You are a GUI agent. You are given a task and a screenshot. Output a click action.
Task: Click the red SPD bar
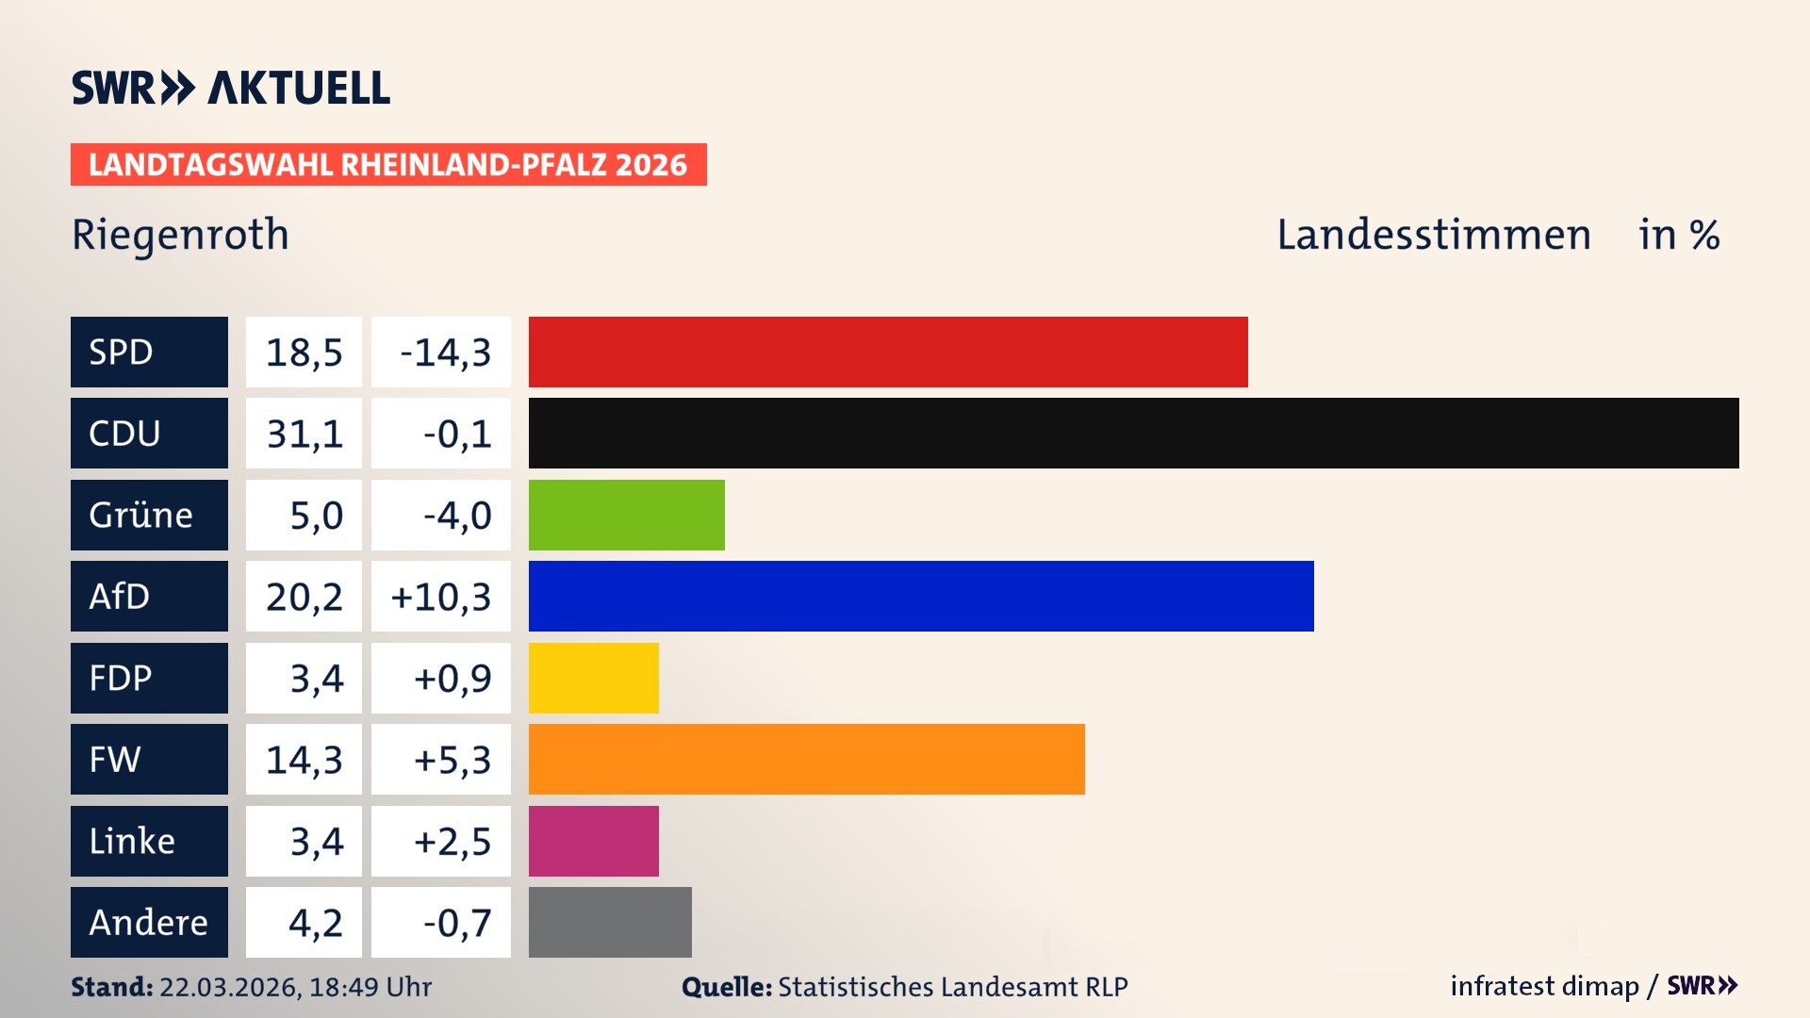pyautogui.click(x=888, y=352)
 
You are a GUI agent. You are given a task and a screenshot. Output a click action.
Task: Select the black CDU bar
pyautogui.click(x=1133, y=433)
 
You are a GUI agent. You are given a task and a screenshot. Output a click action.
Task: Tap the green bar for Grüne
pyautogui.click(x=626, y=515)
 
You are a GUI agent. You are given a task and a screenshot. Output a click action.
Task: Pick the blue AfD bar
pyautogui.click(x=921, y=596)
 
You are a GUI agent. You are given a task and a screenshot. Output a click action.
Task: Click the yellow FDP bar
pyautogui.click(x=593, y=678)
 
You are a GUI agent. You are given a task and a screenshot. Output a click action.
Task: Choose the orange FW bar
pyautogui.click(x=806, y=759)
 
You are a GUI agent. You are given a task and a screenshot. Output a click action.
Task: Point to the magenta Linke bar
pyautogui.click(x=593, y=841)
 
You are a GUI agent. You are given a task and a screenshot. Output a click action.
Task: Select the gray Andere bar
pyautogui.click(x=610, y=922)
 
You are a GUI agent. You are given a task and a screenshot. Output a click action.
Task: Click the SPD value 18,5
pyautogui.click(x=304, y=353)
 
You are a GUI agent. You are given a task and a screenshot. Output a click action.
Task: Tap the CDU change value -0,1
pyautogui.click(x=457, y=434)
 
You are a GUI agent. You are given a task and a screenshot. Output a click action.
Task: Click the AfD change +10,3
pyautogui.click(x=441, y=597)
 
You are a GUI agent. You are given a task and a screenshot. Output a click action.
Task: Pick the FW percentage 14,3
pyautogui.click(x=304, y=760)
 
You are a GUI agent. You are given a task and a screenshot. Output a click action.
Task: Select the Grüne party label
pyautogui.click(x=141, y=515)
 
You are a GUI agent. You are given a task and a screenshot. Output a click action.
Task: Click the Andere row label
pyautogui.click(x=148, y=922)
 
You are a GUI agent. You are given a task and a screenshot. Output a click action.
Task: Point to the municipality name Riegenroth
pyautogui.click(x=180, y=234)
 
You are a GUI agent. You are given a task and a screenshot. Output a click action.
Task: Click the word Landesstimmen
pyautogui.click(x=1433, y=235)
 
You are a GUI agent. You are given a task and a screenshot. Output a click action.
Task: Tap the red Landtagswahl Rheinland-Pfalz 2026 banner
pyautogui.click(x=387, y=164)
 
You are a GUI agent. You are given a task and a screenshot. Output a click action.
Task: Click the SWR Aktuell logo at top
pyautogui.click(x=230, y=88)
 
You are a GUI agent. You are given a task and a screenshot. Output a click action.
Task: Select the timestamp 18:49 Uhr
pyautogui.click(x=370, y=987)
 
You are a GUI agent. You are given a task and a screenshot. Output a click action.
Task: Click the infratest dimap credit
pyautogui.click(x=1544, y=986)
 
